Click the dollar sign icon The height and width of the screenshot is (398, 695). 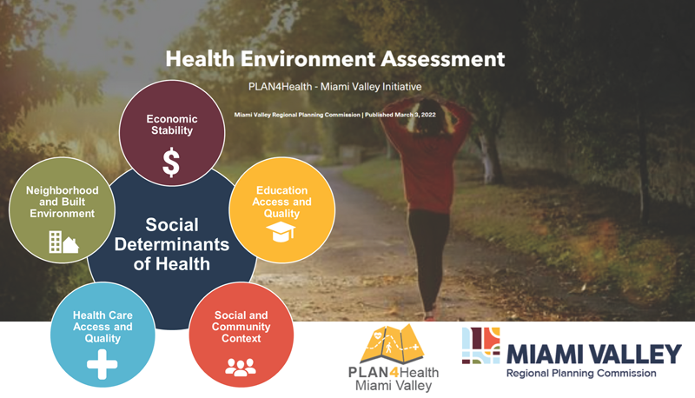click(171, 163)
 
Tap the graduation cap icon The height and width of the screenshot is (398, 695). click(281, 231)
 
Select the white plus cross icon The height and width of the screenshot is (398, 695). click(103, 364)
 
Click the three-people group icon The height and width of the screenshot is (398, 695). click(241, 367)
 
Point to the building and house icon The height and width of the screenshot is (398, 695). click(63, 242)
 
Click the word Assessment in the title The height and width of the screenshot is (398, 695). click(443, 59)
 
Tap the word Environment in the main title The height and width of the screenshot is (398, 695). click(308, 59)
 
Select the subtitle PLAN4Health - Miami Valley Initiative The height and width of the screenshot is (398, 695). click(335, 86)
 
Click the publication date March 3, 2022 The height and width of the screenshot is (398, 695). click(415, 115)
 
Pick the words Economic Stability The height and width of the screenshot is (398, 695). click(172, 124)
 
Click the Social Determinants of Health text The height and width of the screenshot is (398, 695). click(172, 244)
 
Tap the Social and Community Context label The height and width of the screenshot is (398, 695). click(242, 327)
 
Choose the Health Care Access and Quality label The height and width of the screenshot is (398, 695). click(103, 327)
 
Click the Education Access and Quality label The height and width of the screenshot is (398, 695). click(281, 202)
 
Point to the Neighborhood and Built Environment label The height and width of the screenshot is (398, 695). click(62, 202)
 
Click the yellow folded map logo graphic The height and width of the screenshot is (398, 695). click(392, 344)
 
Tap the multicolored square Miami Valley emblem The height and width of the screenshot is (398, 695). click(481, 346)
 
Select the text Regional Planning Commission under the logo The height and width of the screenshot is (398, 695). click(581, 373)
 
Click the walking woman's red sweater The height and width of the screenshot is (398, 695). click(426, 160)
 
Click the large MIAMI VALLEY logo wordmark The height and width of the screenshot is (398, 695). click(594, 354)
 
